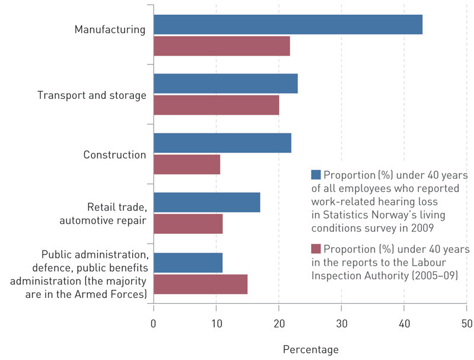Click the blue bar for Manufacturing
pyautogui.click(x=288, y=25)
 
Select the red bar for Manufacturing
pyautogui.click(x=222, y=46)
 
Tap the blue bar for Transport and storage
pyautogui.click(x=225, y=84)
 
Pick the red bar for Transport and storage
pyautogui.click(x=216, y=105)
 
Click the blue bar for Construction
pyautogui.click(x=222, y=143)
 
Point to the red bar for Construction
pyautogui.click(x=187, y=164)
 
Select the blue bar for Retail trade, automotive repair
pyautogui.click(x=207, y=202)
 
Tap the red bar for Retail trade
pyautogui.click(x=188, y=223)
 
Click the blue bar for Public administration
pyautogui.click(x=188, y=262)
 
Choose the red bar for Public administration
pyautogui.click(x=200, y=284)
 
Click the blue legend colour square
pyautogui.click(x=316, y=175)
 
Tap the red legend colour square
pyautogui.click(x=316, y=249)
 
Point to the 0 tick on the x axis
pyautogui.click(x=153, y=323)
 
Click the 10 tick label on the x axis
pyautogui.click(x=216, y=323)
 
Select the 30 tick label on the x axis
pyautogui.click(x=341, y=323)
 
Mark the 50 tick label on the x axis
pyautogui.click(x=466, y=323)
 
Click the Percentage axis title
pyautogui.click(x=310, y=349)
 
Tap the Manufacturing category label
pyautogui.click(x=110, y=30)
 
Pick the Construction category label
pyautogui.click(x=114, y=155)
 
